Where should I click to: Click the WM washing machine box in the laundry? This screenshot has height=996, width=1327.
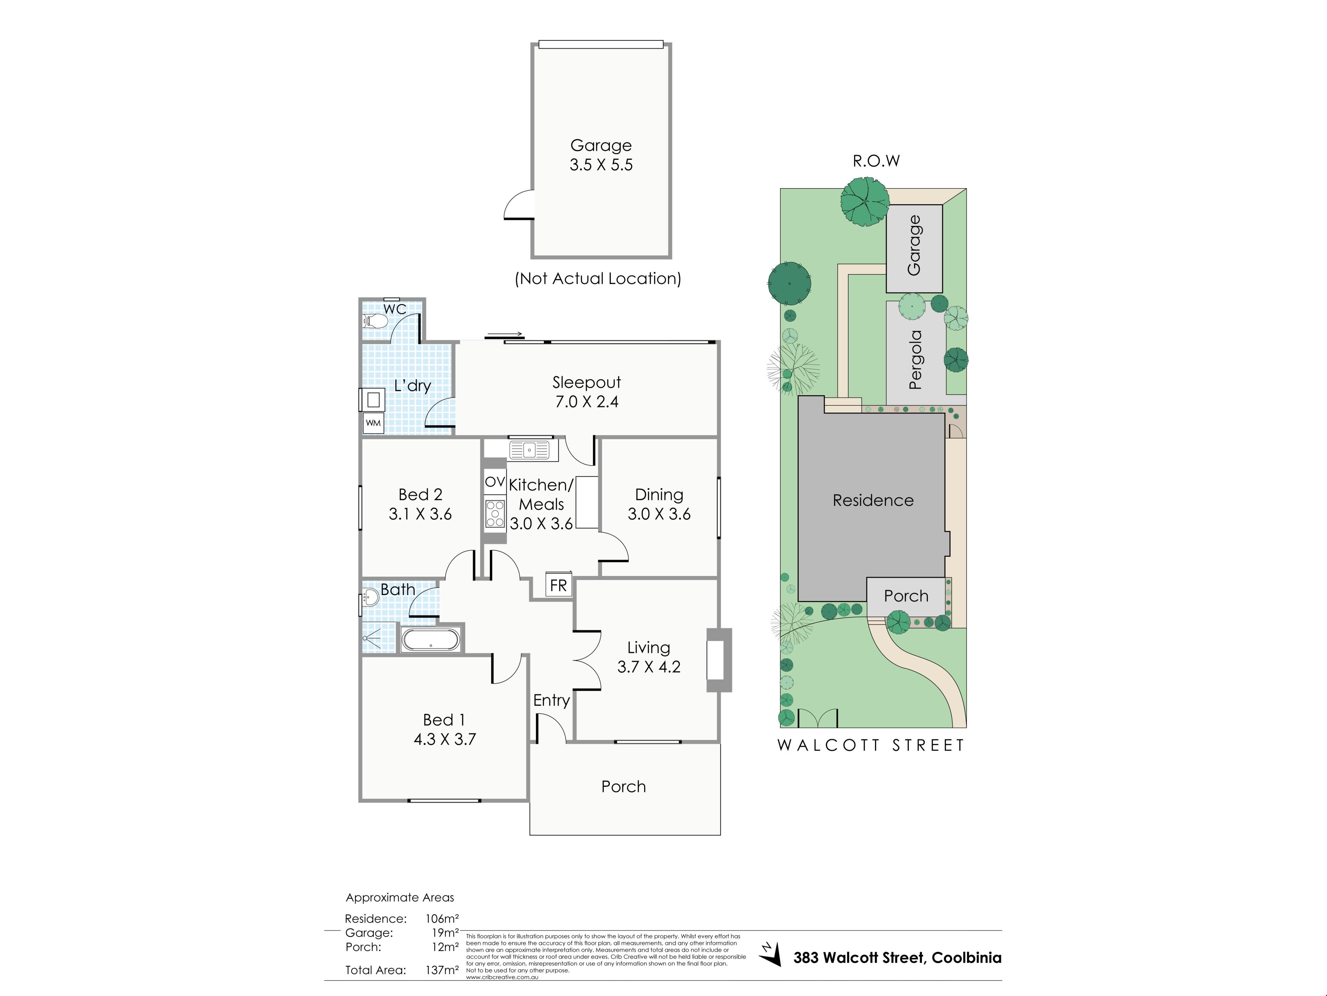coord(373,423)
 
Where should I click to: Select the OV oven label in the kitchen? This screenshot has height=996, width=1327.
coord(495,481)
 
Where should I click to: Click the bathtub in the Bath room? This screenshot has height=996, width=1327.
coord(431,639)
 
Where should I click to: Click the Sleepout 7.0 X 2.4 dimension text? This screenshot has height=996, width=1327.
coord(587,402)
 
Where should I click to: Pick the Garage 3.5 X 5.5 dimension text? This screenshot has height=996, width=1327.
coord(601,165)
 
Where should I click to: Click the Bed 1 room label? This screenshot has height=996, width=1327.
coord(444,720)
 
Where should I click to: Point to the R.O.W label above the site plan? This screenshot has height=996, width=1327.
coord(876,161)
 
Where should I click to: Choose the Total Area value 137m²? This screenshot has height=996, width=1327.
coord(442,970)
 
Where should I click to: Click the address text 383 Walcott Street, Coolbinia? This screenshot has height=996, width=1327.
coord(897,958)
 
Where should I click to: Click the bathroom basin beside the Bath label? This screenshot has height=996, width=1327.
coord(370,597)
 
